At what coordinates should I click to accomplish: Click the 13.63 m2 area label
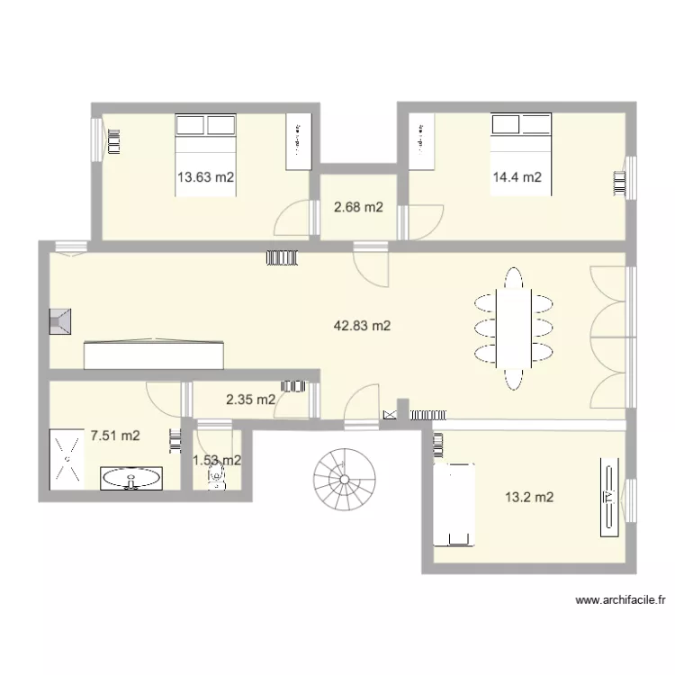coord(205,177)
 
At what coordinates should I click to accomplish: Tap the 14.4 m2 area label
coord(516,177)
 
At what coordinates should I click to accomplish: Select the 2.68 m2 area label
coord(359,208)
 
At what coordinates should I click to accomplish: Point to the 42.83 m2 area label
coord(362,327)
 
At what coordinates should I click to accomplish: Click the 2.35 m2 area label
coord(250,400)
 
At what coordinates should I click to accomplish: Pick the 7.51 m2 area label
coord(114,436)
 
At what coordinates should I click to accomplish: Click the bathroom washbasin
coord(131,478)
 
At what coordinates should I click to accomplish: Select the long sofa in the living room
coord(152,355)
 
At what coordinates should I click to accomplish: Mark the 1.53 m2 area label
coord(216,460)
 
